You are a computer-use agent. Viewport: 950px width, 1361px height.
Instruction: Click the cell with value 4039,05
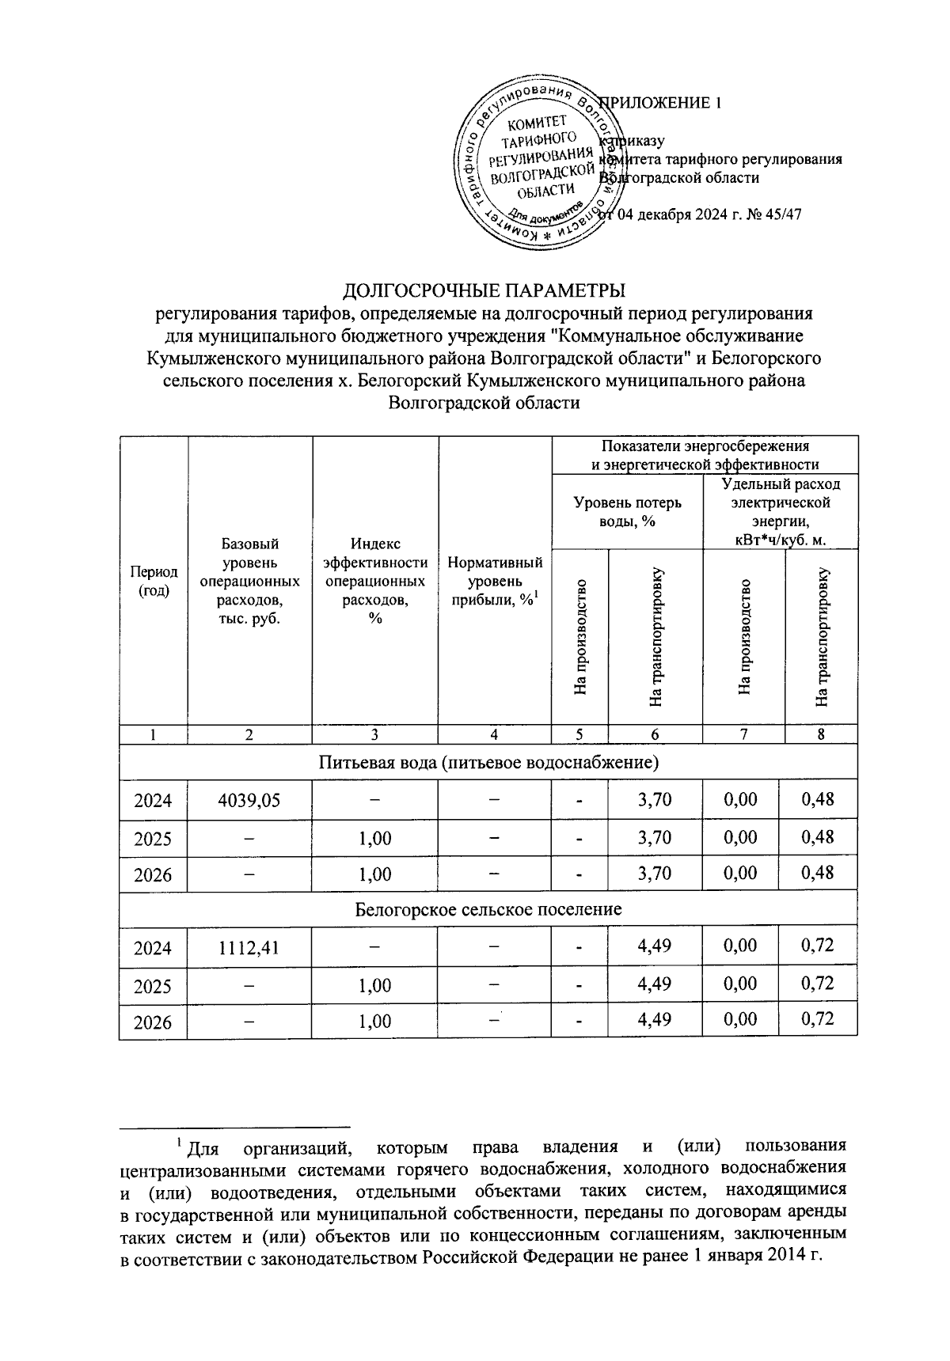[x=249, y=800]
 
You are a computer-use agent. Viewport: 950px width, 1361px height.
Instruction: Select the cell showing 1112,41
[x=249, y=946]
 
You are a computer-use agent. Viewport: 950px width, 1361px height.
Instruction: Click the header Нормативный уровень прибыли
[x=495, y=581]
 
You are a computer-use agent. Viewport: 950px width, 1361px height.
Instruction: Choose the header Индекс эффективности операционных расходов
[x=375, y=581]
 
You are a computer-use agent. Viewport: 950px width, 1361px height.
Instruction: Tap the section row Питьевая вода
[x=488, y=763]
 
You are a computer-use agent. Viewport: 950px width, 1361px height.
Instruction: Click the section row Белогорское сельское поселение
[x=488, y=909]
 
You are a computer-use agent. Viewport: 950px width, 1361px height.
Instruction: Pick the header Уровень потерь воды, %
[x=627, y=512]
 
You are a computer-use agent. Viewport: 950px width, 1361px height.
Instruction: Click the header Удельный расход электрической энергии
[x=781, y=512]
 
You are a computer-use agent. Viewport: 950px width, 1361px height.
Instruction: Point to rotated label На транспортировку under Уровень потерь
[x=655, y=637]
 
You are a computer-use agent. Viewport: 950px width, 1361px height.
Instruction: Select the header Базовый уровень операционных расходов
[x=249, y=581]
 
